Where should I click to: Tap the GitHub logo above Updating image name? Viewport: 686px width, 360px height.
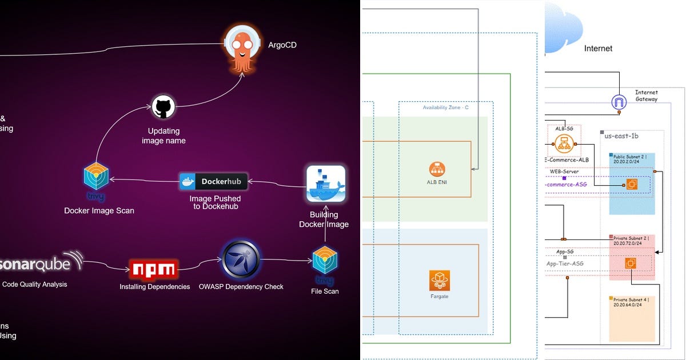pyautogui.click(x=163, y=107)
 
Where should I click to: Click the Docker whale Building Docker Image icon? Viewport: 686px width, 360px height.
pyautogui.click(x=326, y=184)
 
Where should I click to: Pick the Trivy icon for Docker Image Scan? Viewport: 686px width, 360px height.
pyautogui.click(x=96, y=178)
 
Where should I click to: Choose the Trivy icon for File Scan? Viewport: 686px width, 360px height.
pyautogui.click(x=325, y=262)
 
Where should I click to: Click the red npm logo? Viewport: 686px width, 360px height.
pyautogui.click(x=154, y=269)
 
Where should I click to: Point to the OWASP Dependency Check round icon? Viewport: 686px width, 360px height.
pyautogui.click(x=241, y=260)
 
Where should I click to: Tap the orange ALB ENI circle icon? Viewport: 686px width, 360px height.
pyautogui.click(x=437, y=169)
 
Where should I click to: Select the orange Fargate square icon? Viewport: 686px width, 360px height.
pyautogui.click(x=440, y=280)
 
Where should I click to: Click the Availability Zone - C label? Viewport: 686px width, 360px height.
pyautogui.click(x=445, y=107)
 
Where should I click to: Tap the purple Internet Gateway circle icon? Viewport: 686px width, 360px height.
pyautogui.click(x=619, y=102)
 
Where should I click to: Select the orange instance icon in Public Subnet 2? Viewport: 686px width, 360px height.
pyautogui.click(x=632, y=184)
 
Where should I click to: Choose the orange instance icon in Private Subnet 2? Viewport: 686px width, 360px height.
pyautogui.click(x=631, y=263)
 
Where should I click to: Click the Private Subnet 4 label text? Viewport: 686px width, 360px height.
pyautogui.click(x=631, y=302)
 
